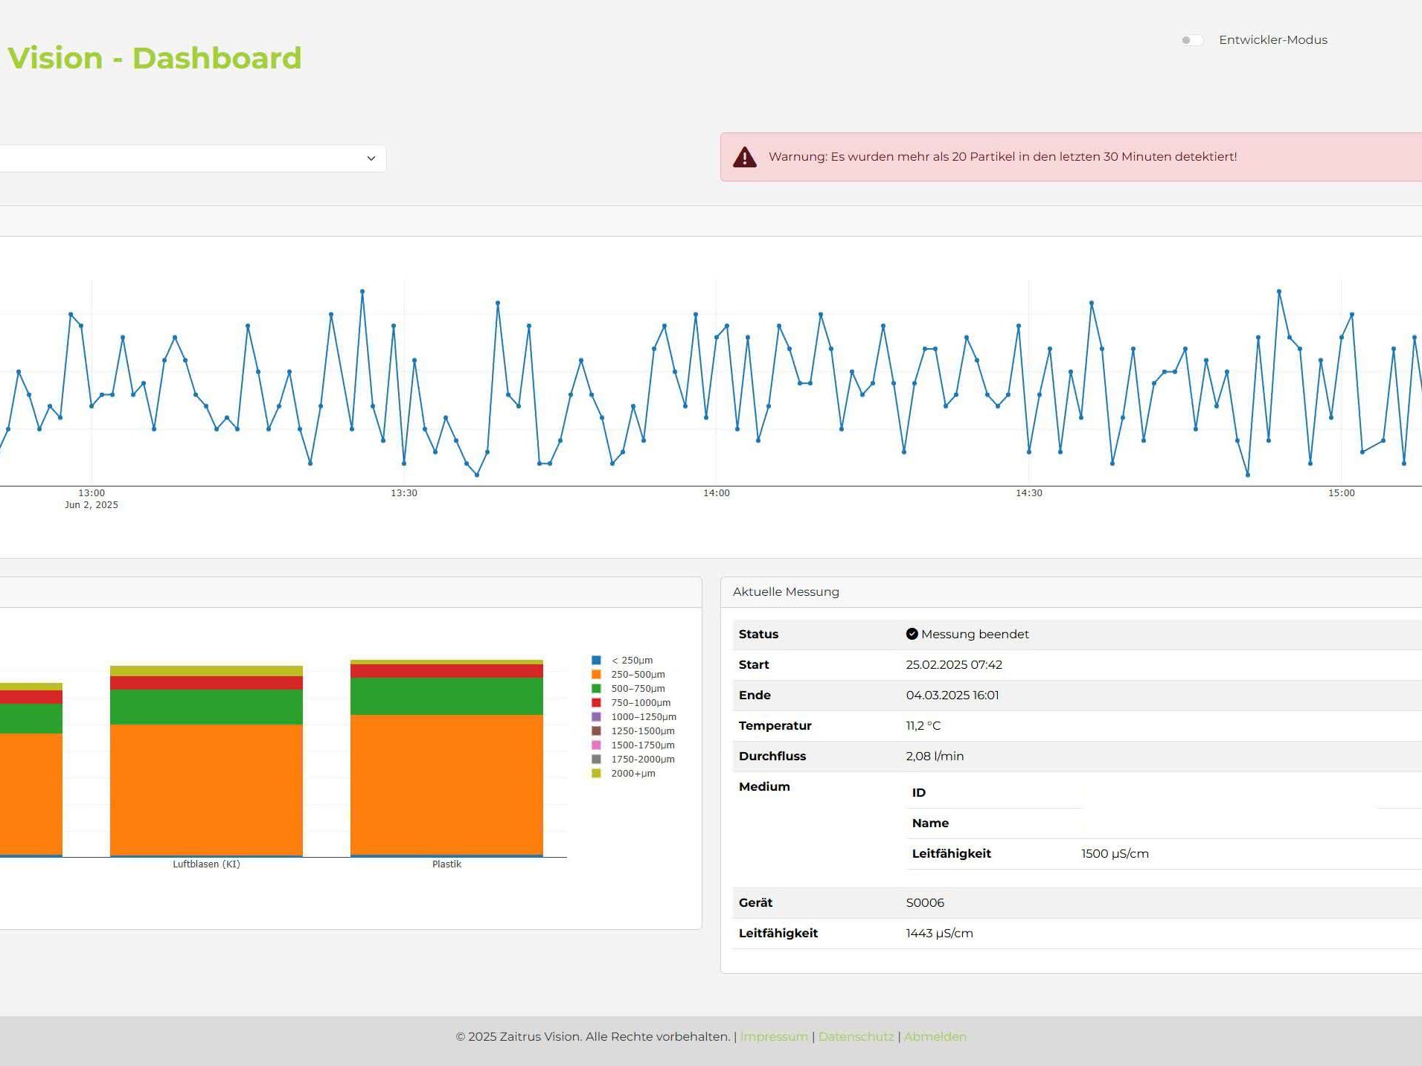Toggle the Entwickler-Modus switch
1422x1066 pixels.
pyautogui.click(x=1191, y=40)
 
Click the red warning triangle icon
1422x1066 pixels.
pyautogui.click(x=744, y=157)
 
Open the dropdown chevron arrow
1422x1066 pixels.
pyautogui.click(x=371, y=158)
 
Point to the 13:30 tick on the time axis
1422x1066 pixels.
pyautogui.click(x=404, y=493)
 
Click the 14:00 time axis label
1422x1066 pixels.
pyautogui.click(x=717, y=493)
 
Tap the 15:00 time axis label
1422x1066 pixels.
pyautogui.click(x=1342, y=493)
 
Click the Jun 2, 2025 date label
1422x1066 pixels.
pyautogui.click(x=92, y=505)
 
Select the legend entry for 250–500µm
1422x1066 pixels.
pyautogui.click(x=629, y=675)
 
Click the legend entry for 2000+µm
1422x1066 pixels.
pyautogui.click(x=624, y=774)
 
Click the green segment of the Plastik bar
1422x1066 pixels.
pyautogui.click(x=446, y=696)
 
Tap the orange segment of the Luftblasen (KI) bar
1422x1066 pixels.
pyautogui.click(x=206, y=790)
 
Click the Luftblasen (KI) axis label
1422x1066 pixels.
pyautogui.click(x=206, y=864)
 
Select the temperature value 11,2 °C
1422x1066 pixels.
pyautogui.click(x=923, y=726)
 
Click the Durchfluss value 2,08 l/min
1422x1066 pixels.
pyautogui.click(x=935, y=757)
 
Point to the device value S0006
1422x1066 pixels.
pyautogui.click(x=925, y=903)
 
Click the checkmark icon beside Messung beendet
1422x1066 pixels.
pyautogui.click(x=912, y=634)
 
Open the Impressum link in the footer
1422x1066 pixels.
pyautogui.click(x=774, y=1037)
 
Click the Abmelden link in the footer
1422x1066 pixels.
pyautogui.click(x=935, y=1037)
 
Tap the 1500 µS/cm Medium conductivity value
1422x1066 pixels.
pyautogui.click(x=1115, y=854)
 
